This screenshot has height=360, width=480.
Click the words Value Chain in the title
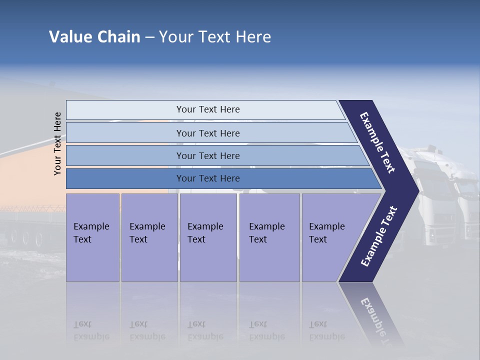point(94,37)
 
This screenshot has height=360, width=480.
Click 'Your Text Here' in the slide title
point(215,37)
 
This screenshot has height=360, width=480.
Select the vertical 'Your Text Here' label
point(57,143)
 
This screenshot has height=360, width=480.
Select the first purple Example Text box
point(92,237)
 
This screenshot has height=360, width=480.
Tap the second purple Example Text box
point(149,237)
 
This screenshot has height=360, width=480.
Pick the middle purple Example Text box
point(208,237)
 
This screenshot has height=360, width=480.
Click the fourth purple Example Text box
point(269,237)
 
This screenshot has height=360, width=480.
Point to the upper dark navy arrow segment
point(377,142)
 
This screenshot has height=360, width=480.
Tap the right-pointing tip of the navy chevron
point(414,190)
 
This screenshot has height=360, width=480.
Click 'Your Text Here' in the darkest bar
point(208,178)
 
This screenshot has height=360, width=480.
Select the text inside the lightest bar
point(208,109)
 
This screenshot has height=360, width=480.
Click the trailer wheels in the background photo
point(30,235)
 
